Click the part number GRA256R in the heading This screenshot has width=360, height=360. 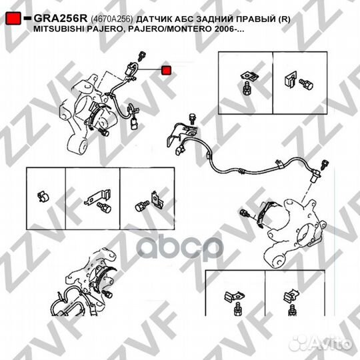[61, 19]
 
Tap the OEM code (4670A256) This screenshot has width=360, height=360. [112, 19]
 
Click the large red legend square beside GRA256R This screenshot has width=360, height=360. [13, 19]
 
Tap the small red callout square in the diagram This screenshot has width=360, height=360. [166, 70]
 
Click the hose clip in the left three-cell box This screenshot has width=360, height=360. [43, 197]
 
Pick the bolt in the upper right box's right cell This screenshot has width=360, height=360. [306, 84]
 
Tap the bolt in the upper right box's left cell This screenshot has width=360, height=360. [247, 88]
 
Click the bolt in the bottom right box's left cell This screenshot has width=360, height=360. [237, 309]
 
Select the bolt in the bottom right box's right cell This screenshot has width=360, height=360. [293, 310]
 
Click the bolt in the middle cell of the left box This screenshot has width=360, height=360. [104, 207]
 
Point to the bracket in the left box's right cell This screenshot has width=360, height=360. [157, 200]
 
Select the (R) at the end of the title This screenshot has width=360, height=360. [285, 19]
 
